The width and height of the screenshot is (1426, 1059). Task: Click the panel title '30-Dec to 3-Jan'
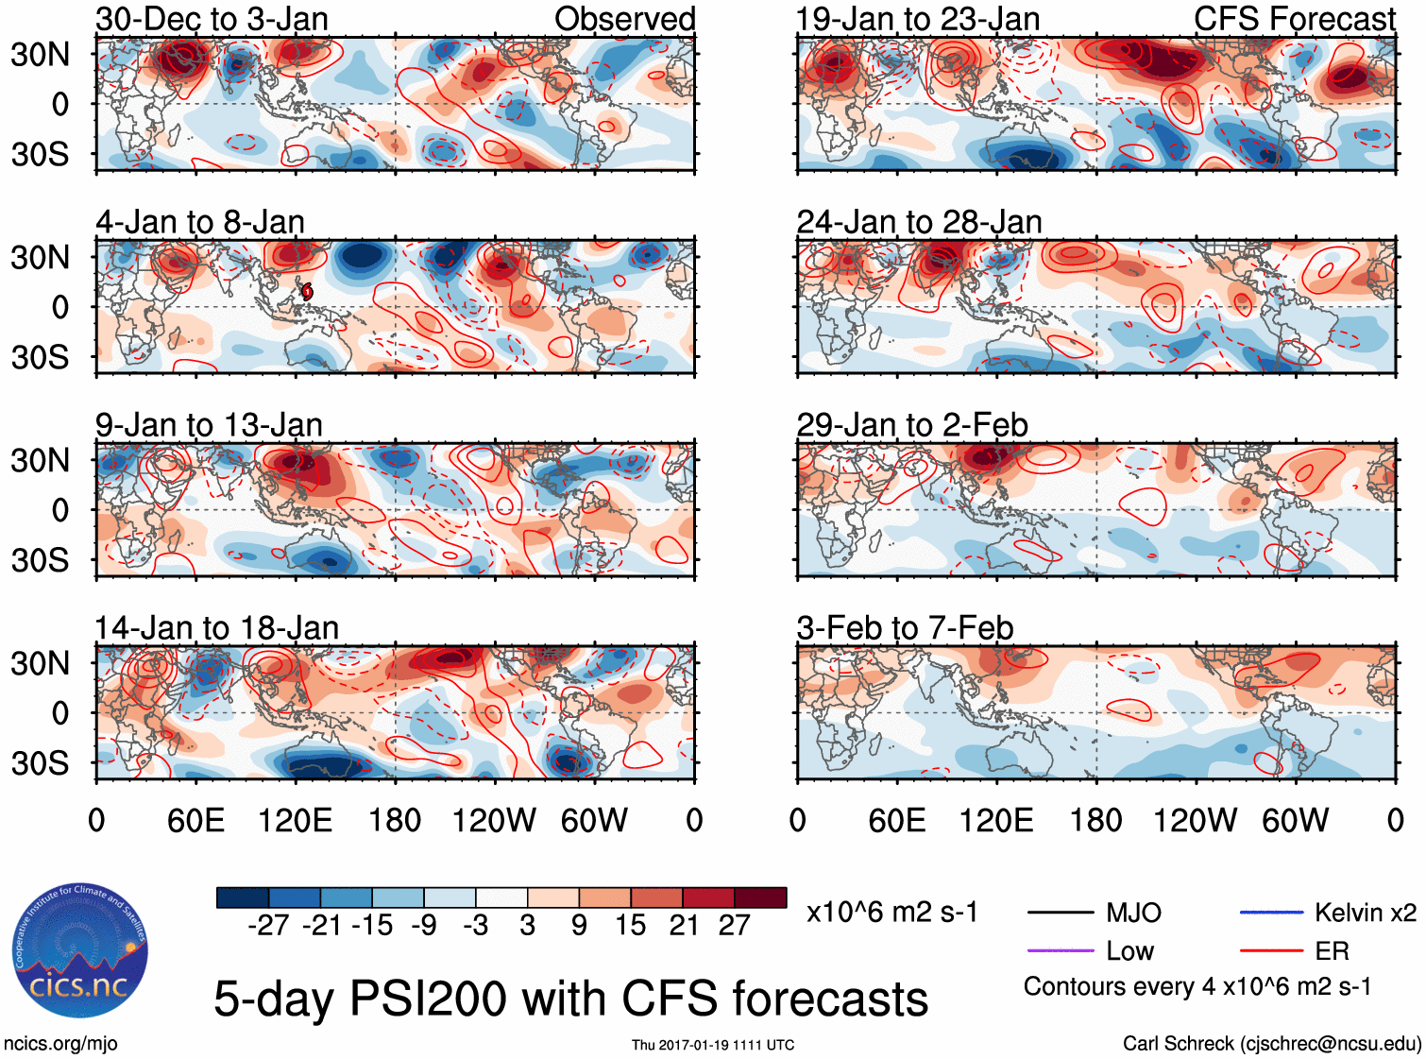coord(212,19)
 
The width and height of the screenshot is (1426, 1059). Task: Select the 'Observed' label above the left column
coord(624,19)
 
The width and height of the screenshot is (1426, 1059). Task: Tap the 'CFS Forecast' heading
coord(1294,19)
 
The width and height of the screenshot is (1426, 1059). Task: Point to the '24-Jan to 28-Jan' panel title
coord(919,222)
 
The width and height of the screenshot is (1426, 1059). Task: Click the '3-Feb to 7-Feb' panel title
coord(905,628)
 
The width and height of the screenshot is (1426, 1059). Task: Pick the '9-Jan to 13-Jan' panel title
coord(209,425)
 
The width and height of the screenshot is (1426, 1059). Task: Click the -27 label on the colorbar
coord(268,925)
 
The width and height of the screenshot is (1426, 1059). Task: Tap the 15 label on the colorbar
coord(630,925)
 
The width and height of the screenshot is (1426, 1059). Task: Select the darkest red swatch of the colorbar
coord(760,897)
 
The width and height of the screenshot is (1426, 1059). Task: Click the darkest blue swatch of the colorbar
coord(243,897)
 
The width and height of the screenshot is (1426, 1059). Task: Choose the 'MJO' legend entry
coord(1133,913)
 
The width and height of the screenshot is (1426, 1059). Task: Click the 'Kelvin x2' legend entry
coord(1365,913)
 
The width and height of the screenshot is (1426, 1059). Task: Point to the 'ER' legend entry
coord(1332,951)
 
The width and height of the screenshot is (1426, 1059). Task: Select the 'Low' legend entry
coord(1129,951)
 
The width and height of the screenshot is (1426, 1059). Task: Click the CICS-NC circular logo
coord(79,951)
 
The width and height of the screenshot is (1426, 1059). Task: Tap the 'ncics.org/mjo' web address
coord(60,1044)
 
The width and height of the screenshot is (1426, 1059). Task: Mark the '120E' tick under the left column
coord(296,820)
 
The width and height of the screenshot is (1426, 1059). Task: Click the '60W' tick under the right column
coord(1295,820)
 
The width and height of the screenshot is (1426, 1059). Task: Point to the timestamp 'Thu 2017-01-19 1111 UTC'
coord(713,1045)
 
